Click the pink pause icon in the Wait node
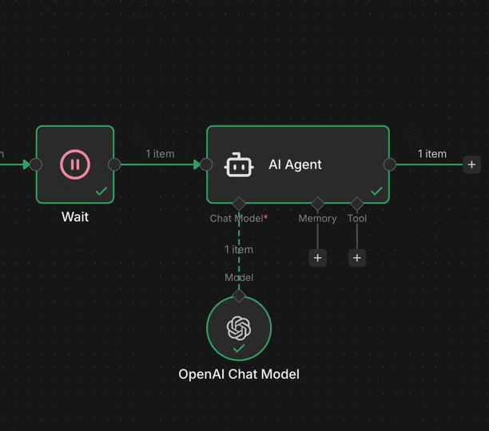click(75, 164)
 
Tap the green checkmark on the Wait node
click(101, 192)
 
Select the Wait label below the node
click(75, 217)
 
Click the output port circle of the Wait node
click(114, 164)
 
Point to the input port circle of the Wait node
click(36, 164)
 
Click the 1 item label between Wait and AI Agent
click(160, 154)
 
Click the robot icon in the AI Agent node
click(239, 164)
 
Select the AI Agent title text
click(295, 164)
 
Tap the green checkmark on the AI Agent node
click(376, 192)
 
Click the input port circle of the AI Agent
click(206, 164)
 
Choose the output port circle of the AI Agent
click(390, 164)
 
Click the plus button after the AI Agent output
click(471, 164)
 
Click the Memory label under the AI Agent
click(317, 218)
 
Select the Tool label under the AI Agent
click(357, 218)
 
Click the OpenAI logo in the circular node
click(239, 327)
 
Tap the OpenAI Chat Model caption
click(239, 374)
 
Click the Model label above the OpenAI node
click(239, 278)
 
